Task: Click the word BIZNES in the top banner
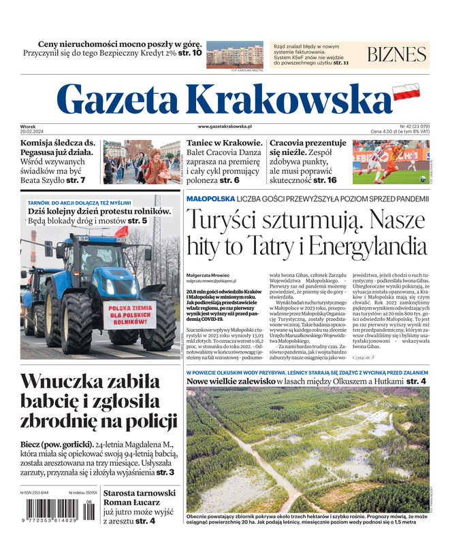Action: (396, 55)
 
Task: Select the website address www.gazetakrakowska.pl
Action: (225, 126)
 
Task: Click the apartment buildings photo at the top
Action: (234, 54)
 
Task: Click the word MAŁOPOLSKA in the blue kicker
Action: (210, 199)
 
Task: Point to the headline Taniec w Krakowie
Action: (224, 143)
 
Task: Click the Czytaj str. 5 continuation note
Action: (363, 356)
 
